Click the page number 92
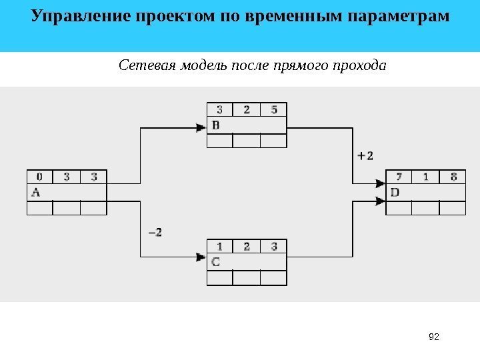(434, 338)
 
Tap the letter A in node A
(35, 192)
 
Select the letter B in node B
(215, 124)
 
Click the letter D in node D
(395, 192)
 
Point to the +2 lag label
(365, 155)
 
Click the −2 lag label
(154, 232)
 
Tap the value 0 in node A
(39, 177)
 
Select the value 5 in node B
(274, 109)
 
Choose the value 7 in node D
(399, 177)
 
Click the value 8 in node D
(453, 177)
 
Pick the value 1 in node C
(219, 246)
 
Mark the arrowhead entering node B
(201, 128)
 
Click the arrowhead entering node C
(201, 257)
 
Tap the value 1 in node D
(426, 177)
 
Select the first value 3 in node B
(219, 109)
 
